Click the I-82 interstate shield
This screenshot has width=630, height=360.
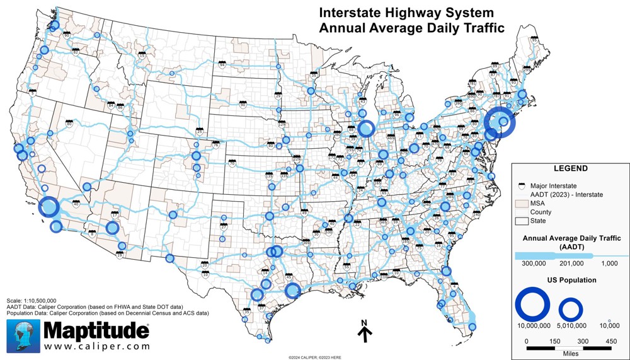tap(76, 52)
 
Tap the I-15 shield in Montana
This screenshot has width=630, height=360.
tap(142, 55)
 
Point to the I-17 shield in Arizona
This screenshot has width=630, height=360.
tap(115, 214)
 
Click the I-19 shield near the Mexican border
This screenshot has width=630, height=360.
tap(120, 255)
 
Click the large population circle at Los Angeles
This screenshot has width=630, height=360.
tap(49, 207)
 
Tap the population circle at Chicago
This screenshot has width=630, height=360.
tap(365, 129)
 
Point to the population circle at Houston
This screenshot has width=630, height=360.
tap(292, 291)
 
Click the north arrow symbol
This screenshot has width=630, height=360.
tap(364, 332)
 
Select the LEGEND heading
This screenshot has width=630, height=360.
tap(570, 169)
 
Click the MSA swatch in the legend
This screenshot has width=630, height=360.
tap(520, 203)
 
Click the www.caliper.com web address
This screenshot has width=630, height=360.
tap(97, 346)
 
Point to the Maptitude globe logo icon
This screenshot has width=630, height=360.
tap(25, 335)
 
